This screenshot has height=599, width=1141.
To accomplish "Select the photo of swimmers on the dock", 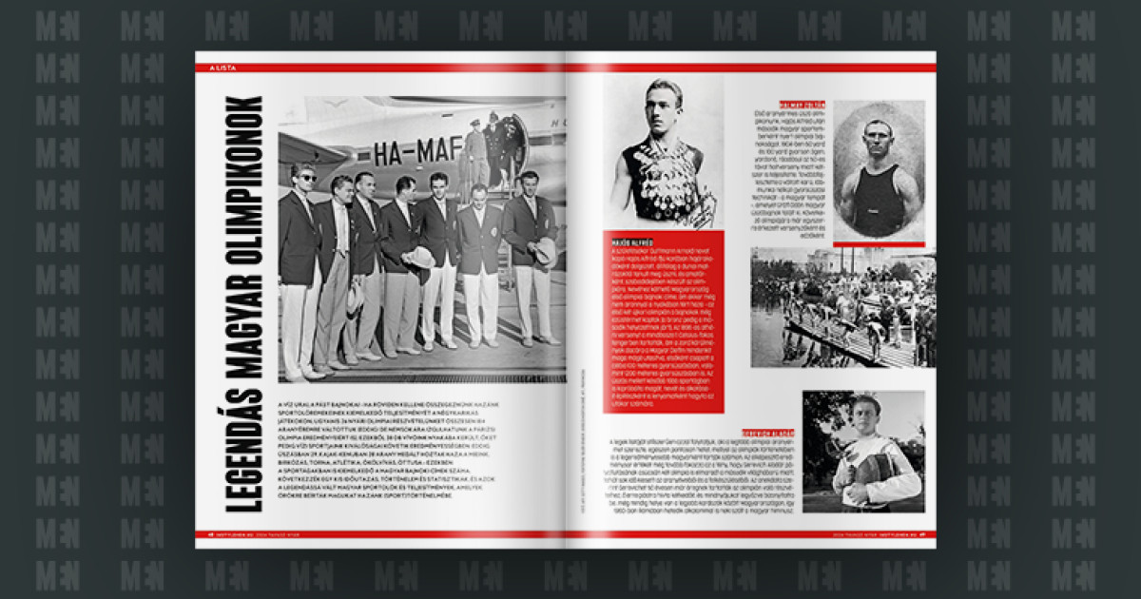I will (x=842, y=307).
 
